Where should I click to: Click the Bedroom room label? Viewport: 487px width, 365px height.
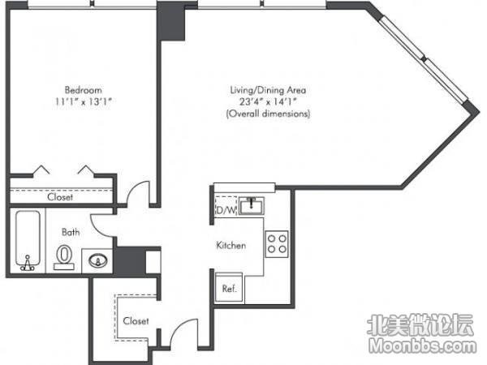click(x=84, y=90)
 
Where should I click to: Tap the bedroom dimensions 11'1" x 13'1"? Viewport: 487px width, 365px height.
click(x=84, y=101)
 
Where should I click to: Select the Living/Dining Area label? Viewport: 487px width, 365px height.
click(x=268, y=90)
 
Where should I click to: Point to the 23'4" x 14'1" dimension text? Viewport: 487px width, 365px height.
click(x=268, y=101)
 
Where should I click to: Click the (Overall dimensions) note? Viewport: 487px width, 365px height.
click(x=268, y=114)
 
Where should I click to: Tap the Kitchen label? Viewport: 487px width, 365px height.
click(x=231, y=245)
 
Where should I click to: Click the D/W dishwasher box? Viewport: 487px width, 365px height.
click(x=226, y=205)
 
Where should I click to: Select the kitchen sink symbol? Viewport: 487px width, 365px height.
click(x=252, y=205)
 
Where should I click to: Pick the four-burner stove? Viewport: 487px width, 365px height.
click(x=277, y=243)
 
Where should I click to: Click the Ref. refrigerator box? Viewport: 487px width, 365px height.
click(x=229, y=287)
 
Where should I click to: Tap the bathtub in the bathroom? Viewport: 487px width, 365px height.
click(x=28, y=240)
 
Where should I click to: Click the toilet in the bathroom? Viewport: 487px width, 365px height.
click(x=64, y=257)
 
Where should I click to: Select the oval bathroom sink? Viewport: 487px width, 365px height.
click(x=98, y=260)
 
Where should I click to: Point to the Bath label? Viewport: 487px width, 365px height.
click(x=71, y=232)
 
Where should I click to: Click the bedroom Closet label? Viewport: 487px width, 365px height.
click(x=60, y=197)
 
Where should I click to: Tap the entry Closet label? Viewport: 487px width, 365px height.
click(x=136, y=320)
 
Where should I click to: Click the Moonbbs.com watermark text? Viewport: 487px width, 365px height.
click(x=423, y=346)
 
